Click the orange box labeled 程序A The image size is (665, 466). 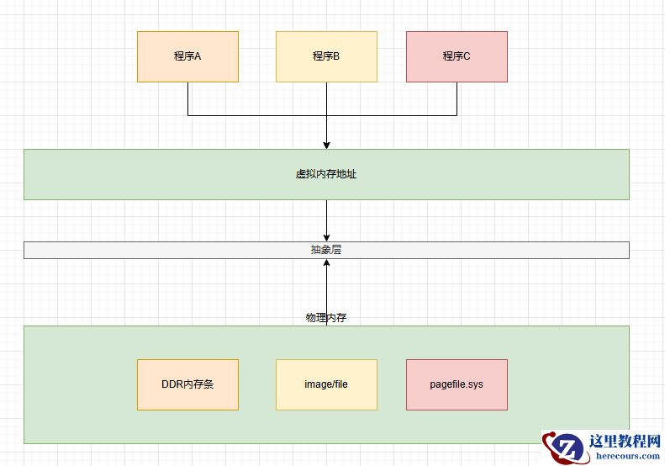click(x=187, y=56)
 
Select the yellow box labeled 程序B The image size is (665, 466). click(x=326, y=56)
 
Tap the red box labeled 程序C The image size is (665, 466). click(x=457, y=56)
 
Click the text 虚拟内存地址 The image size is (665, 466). click(x=326, y=174)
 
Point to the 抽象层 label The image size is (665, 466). click(x=326, y=250)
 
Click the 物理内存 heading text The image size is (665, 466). click(x=326, y=318)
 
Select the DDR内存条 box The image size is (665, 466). click(x=187, y=384)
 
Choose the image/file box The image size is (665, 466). click(x=326, y=384)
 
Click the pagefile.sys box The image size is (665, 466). click(x=457, y=384)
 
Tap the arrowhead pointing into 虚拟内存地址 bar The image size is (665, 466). click(x=326, y=145)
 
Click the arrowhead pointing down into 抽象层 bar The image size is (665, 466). click(x=326, y=237)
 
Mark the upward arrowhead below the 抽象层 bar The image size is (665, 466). click(x=326, y=263)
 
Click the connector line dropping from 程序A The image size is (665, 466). click(x=187, y=98)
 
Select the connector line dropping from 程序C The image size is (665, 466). click(x=457, y=98)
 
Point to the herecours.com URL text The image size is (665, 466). click(x=627, y=456)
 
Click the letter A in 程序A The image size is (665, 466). click(x=198, y=56)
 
